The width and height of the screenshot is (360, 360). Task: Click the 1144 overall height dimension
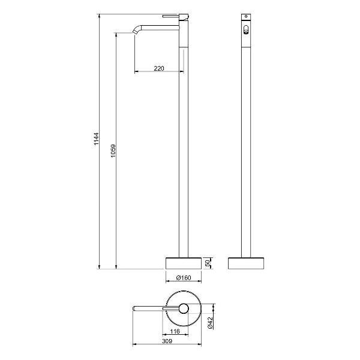pyautogui.click(x=97, y=139)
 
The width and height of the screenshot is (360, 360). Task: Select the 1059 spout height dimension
pyautogui.click(x=113, y=151)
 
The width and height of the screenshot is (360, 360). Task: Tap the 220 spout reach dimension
pyautogui.click(x=159, y=68)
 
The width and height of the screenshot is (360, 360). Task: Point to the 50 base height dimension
pyautogui.click(x=208, y=263)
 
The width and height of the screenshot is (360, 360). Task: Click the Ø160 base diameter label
pyautogui.click(x=184, y=278)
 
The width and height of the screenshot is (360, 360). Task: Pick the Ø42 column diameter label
pyautogui.click(x=211, y=322)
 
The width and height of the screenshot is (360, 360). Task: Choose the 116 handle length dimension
pyautogui.click(x=175, y=331)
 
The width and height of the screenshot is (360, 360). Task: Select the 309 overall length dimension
pyautogui.click(x=167, y=341)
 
